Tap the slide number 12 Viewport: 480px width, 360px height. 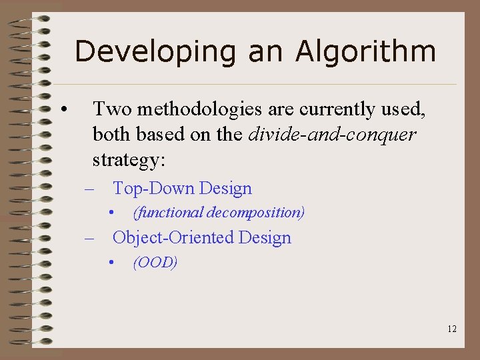[452, 329]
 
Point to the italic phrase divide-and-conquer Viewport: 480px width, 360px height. [332, 135]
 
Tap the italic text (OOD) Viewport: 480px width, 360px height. [155, 262]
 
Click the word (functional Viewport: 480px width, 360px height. [168, 213]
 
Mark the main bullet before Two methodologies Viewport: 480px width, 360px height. [61, 109]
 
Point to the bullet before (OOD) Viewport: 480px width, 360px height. [114, 262]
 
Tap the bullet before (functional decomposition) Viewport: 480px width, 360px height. [114, 213]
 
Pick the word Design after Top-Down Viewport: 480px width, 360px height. [225, 189]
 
